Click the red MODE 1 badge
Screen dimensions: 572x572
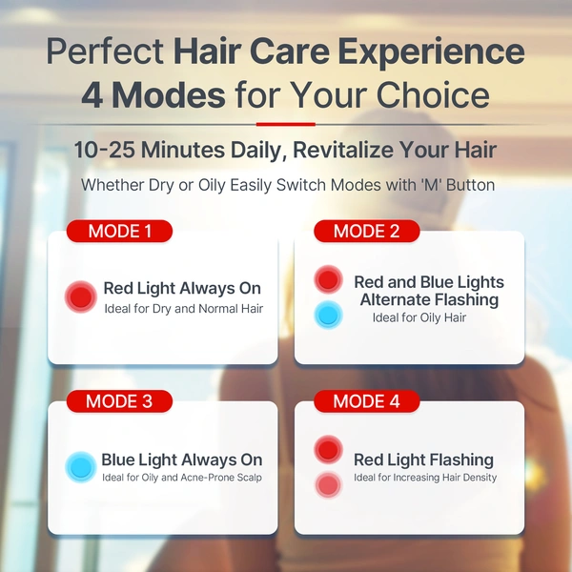point(119,231)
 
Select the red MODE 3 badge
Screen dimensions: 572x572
point(119,401)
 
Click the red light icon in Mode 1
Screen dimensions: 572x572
point(81,297)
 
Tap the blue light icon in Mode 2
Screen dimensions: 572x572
point(328,315)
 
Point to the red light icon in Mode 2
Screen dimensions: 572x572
point(328,279)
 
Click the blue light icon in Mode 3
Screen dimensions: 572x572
point(81,467)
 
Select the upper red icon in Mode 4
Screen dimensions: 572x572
point(328,449)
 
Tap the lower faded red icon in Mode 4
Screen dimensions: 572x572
point(328,484)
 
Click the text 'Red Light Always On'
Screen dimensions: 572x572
point(182,288)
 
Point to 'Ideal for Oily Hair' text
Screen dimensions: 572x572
point(419,317)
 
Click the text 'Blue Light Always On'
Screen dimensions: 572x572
point(182,460)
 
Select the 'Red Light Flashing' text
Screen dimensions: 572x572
point(423,460)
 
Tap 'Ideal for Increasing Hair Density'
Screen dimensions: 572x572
point(425,478)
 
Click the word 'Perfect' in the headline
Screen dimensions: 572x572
point(105,51)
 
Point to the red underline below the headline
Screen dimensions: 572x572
point(285,124)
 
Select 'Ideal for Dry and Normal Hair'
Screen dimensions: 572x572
point(183,308)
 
